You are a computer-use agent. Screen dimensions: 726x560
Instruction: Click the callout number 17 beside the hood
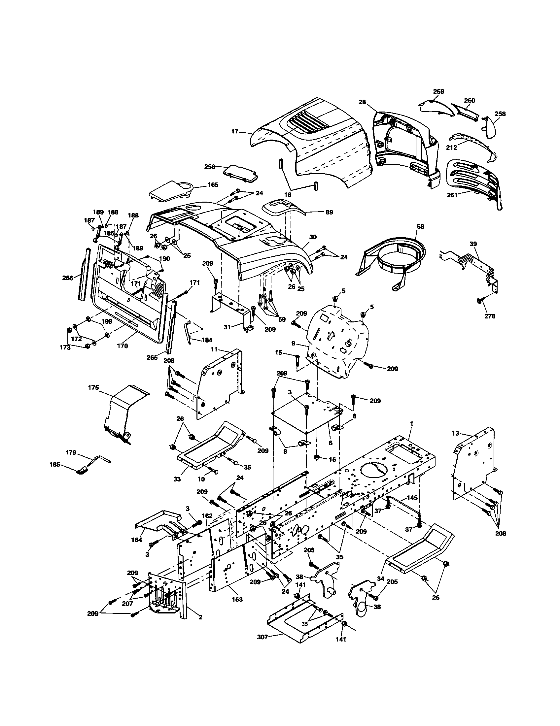click(234, 131)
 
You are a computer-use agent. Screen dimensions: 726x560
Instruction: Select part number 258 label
click(500, 114)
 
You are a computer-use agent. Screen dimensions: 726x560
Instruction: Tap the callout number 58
click(421, 226)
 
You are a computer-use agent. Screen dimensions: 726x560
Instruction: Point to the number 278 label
click(490, 316)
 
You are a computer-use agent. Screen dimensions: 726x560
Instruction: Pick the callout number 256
click(209, 167)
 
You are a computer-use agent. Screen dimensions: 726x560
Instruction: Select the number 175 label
click(93, 388)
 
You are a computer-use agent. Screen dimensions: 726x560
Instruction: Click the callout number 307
click(262, 637)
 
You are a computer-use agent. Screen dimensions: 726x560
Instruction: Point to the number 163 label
click(237, 599)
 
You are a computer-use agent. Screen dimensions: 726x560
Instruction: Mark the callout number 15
click(279, 352)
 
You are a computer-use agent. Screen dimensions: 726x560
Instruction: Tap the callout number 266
click(67, 278)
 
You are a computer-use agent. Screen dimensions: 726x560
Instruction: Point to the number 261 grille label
click(452, 195)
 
